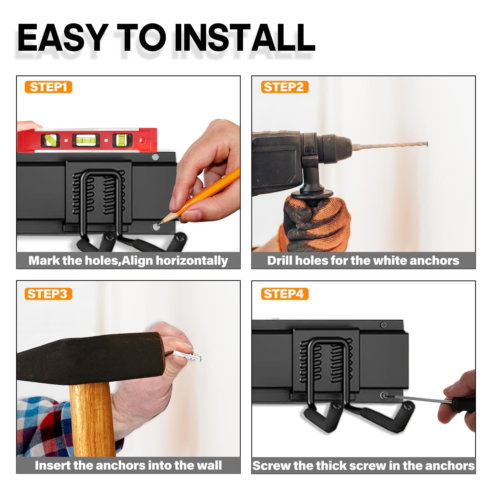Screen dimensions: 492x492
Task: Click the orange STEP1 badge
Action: [x=48, y=87]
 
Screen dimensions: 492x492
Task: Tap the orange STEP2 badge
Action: [x=284, y=87]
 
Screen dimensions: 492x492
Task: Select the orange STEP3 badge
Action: [x=48, y=294]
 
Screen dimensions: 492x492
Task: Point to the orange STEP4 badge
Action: [x=284, y=294]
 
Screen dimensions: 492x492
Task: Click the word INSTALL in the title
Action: [x=244, y=38]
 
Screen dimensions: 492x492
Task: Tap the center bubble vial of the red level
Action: [x=83, y=140]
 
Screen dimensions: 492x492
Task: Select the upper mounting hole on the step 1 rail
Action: [x=155, y=157]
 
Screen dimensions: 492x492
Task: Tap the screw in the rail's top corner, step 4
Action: [x=384, y=324]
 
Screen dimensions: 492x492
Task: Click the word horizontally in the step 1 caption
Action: [x=192, y=261]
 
